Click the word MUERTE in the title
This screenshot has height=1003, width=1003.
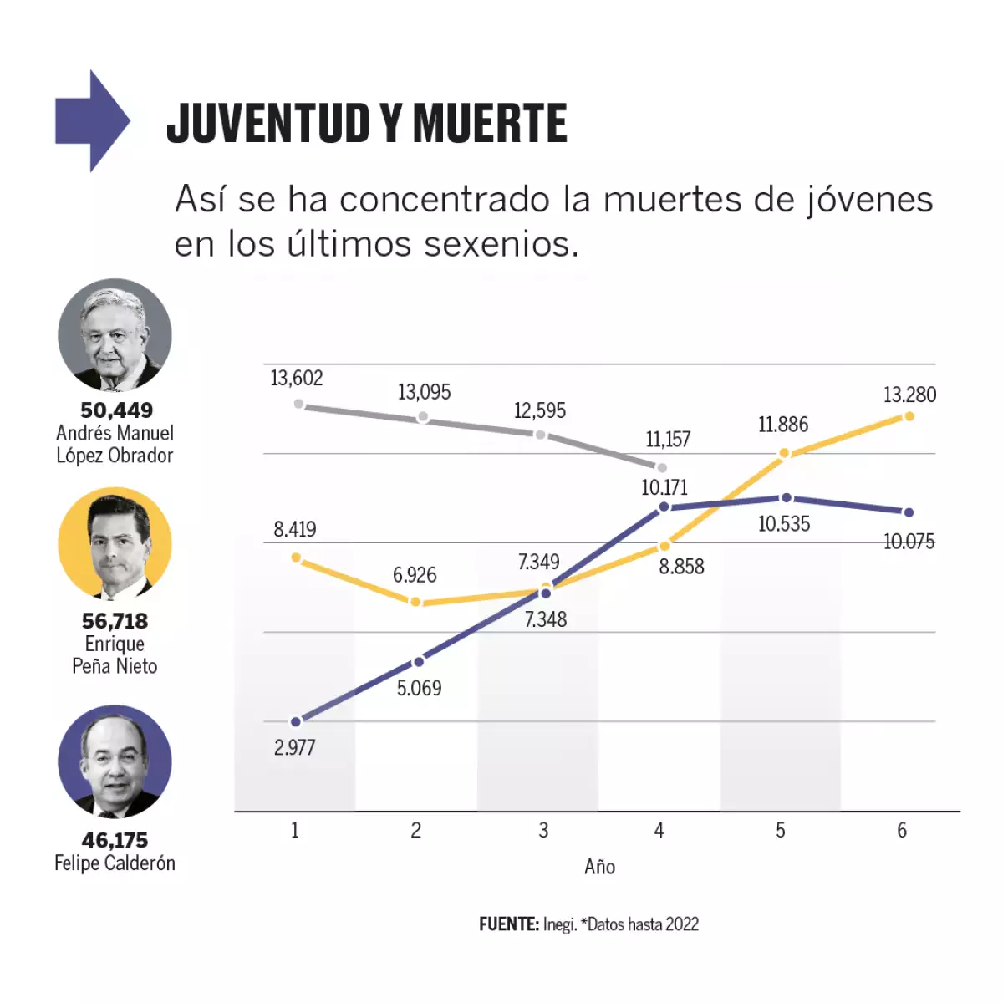coord(490,124)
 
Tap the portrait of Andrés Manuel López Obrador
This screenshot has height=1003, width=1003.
coord(115,335)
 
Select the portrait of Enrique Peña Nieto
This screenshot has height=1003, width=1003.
coord(115,545)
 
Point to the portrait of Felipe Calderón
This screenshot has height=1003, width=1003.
coord(115,761)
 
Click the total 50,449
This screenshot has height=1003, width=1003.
coord(116,410)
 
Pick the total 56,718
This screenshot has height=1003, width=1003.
coord(115,621)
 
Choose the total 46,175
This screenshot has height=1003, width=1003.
coord(115,840)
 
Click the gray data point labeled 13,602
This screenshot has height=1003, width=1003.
coord(298,404)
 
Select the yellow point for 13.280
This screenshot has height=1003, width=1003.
coord(909,415)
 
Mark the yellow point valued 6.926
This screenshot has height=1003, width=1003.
coord(415,602)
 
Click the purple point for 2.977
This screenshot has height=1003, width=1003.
coord(295,721)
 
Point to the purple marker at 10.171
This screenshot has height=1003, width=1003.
coord(664,507)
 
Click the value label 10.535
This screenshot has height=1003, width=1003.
coord(783,524)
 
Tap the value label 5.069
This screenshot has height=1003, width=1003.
coord(419,688)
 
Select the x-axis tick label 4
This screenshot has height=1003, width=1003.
coord(659,830)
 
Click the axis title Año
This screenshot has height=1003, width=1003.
coord(599,867)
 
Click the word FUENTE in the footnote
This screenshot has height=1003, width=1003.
coord(508,924)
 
